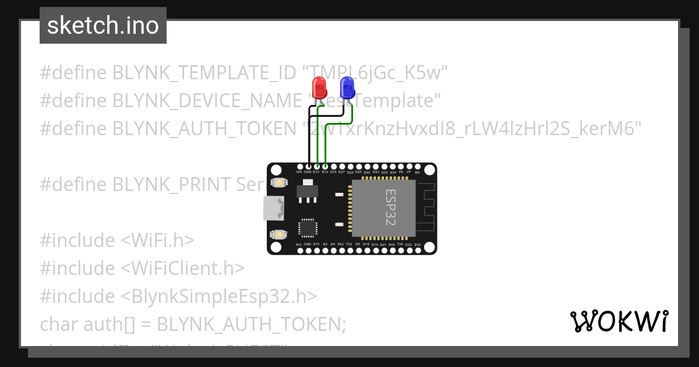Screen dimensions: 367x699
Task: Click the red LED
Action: tap(319, 88)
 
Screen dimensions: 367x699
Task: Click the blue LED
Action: tap(347, 88)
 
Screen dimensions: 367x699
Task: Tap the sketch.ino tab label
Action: tap(103, 26)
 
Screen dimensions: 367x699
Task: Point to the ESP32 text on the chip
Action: tap(391, 207)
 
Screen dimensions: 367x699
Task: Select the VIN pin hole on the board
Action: tap(299, 167)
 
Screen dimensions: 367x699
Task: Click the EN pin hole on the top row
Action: tap(417, 167)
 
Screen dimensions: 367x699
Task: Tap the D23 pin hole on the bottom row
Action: tap(417, 250)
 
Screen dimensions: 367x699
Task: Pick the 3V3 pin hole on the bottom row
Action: tap(299, 250)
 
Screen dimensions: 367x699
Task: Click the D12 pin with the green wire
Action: tap(324, 167)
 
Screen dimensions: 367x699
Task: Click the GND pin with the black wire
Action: tap(308, 167)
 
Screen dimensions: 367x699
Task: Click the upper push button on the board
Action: tap(279, 183)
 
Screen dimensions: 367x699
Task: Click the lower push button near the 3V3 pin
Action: tap(279, 234)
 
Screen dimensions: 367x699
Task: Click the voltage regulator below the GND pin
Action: tap(307, 192)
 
